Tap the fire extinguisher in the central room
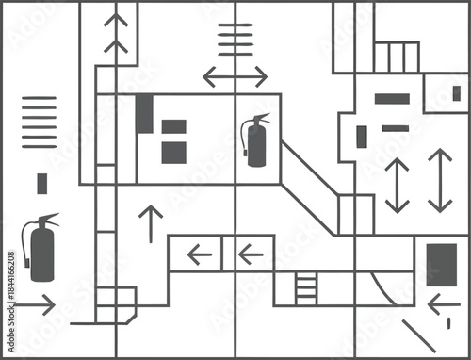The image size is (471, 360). coord(255,140)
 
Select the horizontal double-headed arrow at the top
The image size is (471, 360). coord(235,76)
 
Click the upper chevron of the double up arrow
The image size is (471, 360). coord(116,21)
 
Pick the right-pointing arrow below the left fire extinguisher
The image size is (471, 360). coord(36,305)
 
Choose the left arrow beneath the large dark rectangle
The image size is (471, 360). coord(443,304)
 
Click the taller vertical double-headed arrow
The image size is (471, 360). coord(440,180)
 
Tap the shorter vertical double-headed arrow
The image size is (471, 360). coord(398,185)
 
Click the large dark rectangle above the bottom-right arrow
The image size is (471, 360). coord(441,265)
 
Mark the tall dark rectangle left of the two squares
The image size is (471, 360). coord(143,114)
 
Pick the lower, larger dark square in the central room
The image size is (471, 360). coord(173,153)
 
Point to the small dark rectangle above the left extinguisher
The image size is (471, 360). coord(41,184)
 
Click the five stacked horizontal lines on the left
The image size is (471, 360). coord(39,121)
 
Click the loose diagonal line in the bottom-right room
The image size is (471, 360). coord(418,336)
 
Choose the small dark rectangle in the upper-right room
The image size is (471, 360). coord(456,93)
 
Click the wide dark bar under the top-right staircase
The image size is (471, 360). coord(392,98)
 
